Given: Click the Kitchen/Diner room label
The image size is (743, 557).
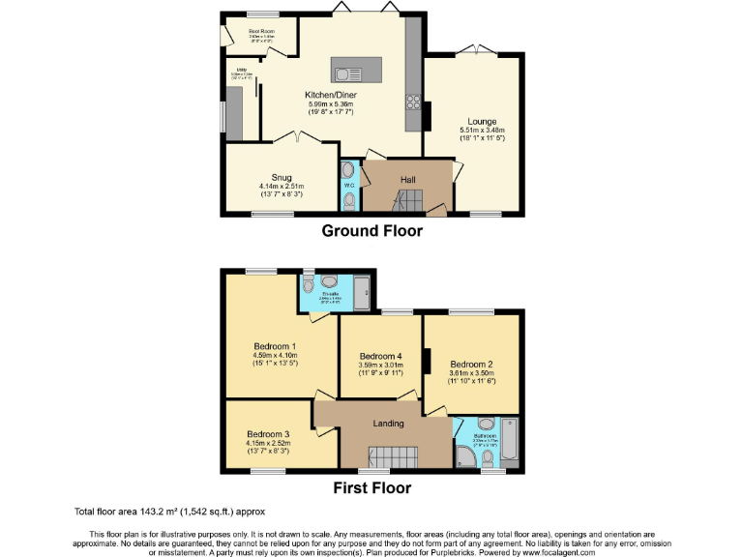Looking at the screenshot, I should (329, 95).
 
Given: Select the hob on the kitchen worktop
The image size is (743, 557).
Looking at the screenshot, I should (413, 102).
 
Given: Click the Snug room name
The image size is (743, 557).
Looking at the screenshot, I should (282, 177).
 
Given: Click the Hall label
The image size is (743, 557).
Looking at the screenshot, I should (408, 178).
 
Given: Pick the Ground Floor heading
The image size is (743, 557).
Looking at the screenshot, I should (371, 231).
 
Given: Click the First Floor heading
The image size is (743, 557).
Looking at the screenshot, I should (371, 487).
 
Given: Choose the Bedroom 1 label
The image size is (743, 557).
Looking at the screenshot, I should (275, 346).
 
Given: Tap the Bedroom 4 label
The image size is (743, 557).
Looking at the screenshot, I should (379, 355).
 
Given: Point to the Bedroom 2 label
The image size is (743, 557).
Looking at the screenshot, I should (471, 365).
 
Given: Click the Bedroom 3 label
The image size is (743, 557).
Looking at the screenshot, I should (268, 434).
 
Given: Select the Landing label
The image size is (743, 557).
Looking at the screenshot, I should (388, 424).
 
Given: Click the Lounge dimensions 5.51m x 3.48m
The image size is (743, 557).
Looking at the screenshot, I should (482, 131).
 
